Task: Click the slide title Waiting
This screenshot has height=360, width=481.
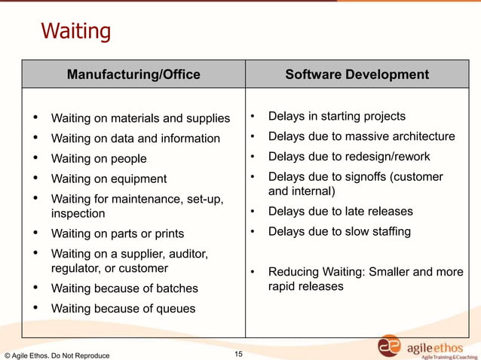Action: click(x=75, y=32)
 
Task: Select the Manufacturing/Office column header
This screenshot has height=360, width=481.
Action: click(x=133, y=75)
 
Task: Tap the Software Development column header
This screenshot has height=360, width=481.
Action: click(x=357, y=75)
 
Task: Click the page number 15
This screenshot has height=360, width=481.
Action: click(x=238, y=353)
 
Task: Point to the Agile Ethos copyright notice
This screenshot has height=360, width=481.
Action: click(x=57, y=355)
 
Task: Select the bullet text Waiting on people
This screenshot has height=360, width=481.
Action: click(x=99, y=159)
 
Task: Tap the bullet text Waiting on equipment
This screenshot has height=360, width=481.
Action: click(x=109, y=179)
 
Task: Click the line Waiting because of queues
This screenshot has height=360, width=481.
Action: click(x=123, y=309)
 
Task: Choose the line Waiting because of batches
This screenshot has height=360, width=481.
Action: click(x=124, y=288)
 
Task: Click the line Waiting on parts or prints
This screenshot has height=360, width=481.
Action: click(x=117, y=234)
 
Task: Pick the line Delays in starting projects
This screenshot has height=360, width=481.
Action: click(x=336, y=116)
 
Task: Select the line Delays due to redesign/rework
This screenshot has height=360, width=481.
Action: click(x=349, y=157)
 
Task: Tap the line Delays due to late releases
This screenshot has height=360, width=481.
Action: click(x=341, y=212)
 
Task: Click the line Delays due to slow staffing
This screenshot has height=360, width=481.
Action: click(x=339, y=231)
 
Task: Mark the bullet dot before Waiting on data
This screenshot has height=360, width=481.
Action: click(x=35, y=138)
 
